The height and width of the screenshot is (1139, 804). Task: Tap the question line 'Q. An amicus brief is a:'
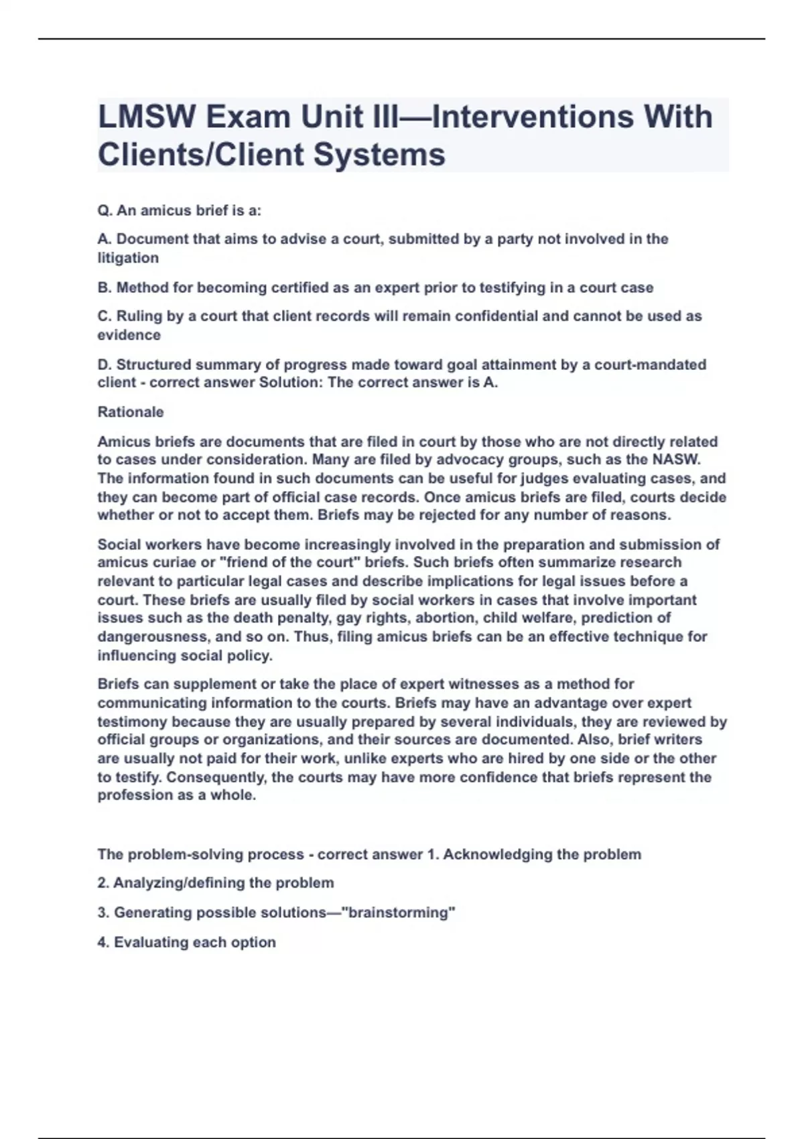[179, 210]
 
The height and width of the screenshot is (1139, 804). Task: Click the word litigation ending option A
[128, 258]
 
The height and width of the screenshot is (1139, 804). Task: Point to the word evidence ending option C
[129, 335]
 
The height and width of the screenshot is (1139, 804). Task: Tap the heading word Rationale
[131, 412]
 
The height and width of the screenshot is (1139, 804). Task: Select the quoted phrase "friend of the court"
[289, 563]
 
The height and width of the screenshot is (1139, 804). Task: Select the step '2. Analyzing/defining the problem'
[215, 883]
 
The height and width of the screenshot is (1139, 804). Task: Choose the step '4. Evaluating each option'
[186, 942]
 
